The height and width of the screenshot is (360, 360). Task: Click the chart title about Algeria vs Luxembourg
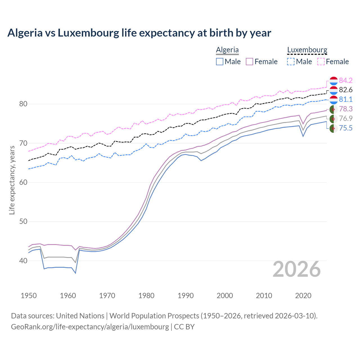(139, 33)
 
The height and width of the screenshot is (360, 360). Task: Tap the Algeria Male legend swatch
(220, 62)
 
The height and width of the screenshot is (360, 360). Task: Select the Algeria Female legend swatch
(249, 62)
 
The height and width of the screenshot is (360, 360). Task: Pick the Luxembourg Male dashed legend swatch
(291, 62)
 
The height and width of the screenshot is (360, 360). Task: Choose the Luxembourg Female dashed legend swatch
(321, 62)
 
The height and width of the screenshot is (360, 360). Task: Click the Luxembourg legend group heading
(307, 50)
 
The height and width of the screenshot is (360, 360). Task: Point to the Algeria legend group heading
(227, 50)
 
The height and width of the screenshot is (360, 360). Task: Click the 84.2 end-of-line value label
(346, 80)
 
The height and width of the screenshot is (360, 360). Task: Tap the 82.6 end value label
(346, 90)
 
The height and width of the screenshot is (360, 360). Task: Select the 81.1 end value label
(346, 100)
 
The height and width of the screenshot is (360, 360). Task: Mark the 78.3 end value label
(346, 109)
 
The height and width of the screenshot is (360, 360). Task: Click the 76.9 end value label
(346, 119)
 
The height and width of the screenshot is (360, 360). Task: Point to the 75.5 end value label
(346, 128)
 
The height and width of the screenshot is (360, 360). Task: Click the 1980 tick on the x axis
(146, 296)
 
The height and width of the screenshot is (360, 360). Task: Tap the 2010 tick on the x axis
(264, 296)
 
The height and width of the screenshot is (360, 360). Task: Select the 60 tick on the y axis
(23, 182)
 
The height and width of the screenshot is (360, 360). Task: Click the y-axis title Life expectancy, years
(12, 180)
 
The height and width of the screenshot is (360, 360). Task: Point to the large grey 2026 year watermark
(297, 269)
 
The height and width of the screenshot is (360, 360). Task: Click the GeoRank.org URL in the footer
(90, 327)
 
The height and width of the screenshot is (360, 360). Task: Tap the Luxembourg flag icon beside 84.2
(334, 81)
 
